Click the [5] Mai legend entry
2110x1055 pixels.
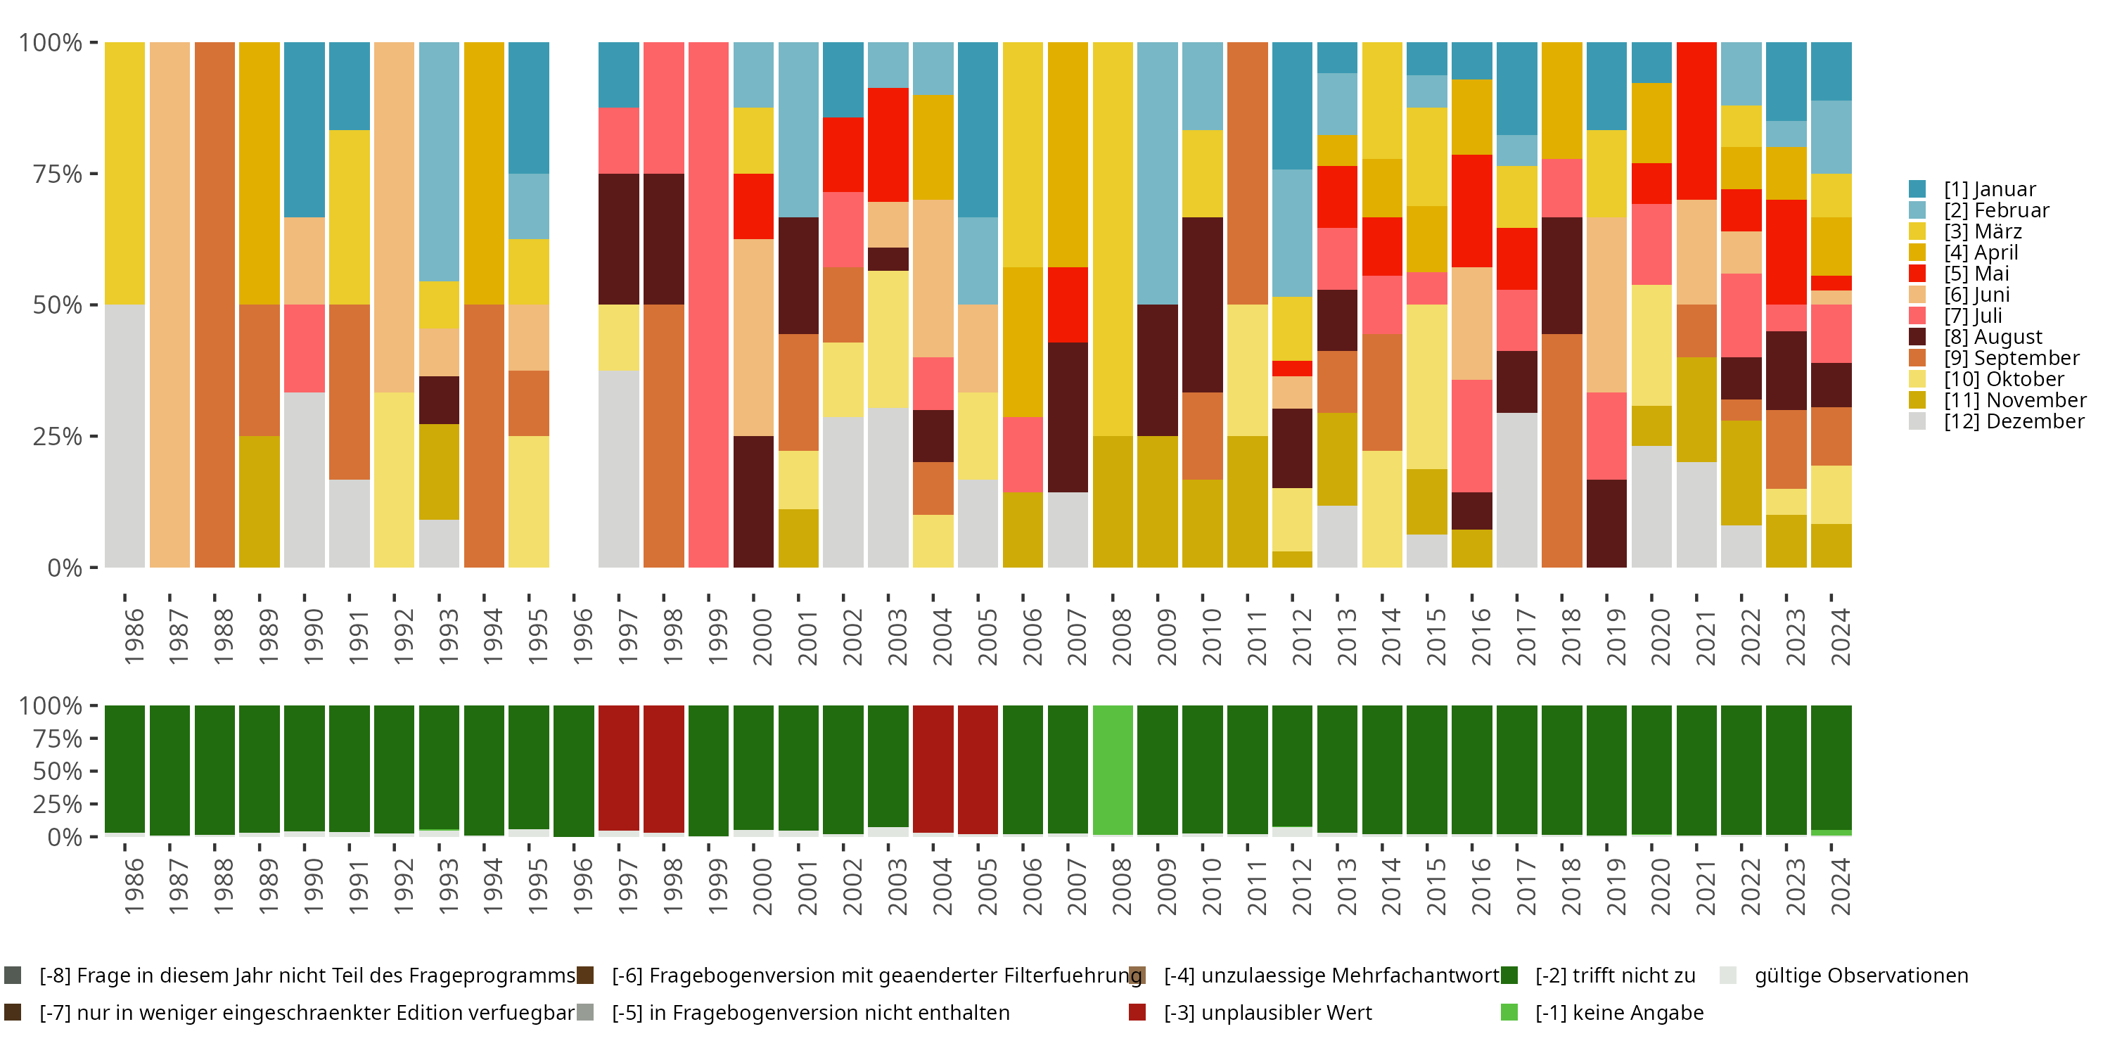[x=1976, y=274]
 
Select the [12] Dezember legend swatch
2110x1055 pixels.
[x=1917, y=421]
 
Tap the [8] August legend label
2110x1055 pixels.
[x=1993, y=337]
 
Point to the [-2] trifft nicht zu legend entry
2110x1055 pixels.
[x=1614, y=976]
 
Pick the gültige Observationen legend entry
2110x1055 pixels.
[x=1860, y=976]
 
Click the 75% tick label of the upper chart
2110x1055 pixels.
[x=58, y=174]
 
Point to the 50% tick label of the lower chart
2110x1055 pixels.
[x=58, y=771]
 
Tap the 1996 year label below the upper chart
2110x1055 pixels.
[x=582, y=637]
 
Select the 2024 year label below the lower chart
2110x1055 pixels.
[x=1840, y=886]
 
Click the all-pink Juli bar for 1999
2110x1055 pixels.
[x=708, y=305]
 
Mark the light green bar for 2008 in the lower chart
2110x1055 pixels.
[x=1113, y=770]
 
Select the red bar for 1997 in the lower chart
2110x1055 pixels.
[x=618, y=768]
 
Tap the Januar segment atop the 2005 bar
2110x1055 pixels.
[x=978, y=129]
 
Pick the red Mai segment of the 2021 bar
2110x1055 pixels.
[x=1696, y=120]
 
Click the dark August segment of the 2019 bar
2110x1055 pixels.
[x=1606, y=523]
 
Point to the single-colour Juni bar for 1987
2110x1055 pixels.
[x=170, y=305]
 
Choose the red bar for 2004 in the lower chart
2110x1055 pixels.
[x=933, y=768]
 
